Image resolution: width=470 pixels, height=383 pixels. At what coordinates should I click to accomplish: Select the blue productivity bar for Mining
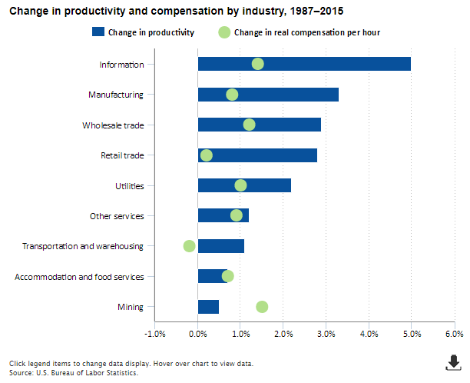click(208, 307)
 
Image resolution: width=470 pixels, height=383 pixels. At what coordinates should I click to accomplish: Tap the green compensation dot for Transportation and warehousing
click(190, 246)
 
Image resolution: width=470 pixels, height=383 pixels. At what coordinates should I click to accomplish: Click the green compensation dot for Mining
click(262, 307)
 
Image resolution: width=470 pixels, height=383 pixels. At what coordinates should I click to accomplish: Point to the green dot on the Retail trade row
click(207, 155)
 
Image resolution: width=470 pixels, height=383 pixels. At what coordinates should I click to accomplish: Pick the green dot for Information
click(258, 64)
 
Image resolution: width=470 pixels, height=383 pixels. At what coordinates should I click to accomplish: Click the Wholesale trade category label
click(113, 125)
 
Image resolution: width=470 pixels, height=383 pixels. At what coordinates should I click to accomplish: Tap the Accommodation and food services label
click(79, 277)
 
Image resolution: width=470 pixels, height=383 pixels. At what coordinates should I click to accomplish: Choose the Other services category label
click(117, 216)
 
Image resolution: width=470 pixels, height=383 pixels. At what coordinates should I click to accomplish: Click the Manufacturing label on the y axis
click(116, 95)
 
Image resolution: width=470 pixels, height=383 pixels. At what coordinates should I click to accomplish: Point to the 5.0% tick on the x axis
click(411, 334)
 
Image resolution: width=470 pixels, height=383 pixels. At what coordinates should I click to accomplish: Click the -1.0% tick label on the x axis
click(155, 334)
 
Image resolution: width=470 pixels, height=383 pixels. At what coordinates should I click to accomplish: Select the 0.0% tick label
click(198, 334)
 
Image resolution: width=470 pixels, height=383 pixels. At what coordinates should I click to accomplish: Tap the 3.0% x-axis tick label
click(326, 334)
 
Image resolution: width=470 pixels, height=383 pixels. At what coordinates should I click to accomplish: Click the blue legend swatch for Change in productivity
click(97, 32)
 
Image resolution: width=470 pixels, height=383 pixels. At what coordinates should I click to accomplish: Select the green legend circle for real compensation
click(224, 32)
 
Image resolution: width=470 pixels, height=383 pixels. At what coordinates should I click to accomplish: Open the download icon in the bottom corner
click(454, 362)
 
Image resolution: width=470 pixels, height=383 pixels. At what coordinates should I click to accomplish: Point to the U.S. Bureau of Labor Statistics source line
click(74, 372)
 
